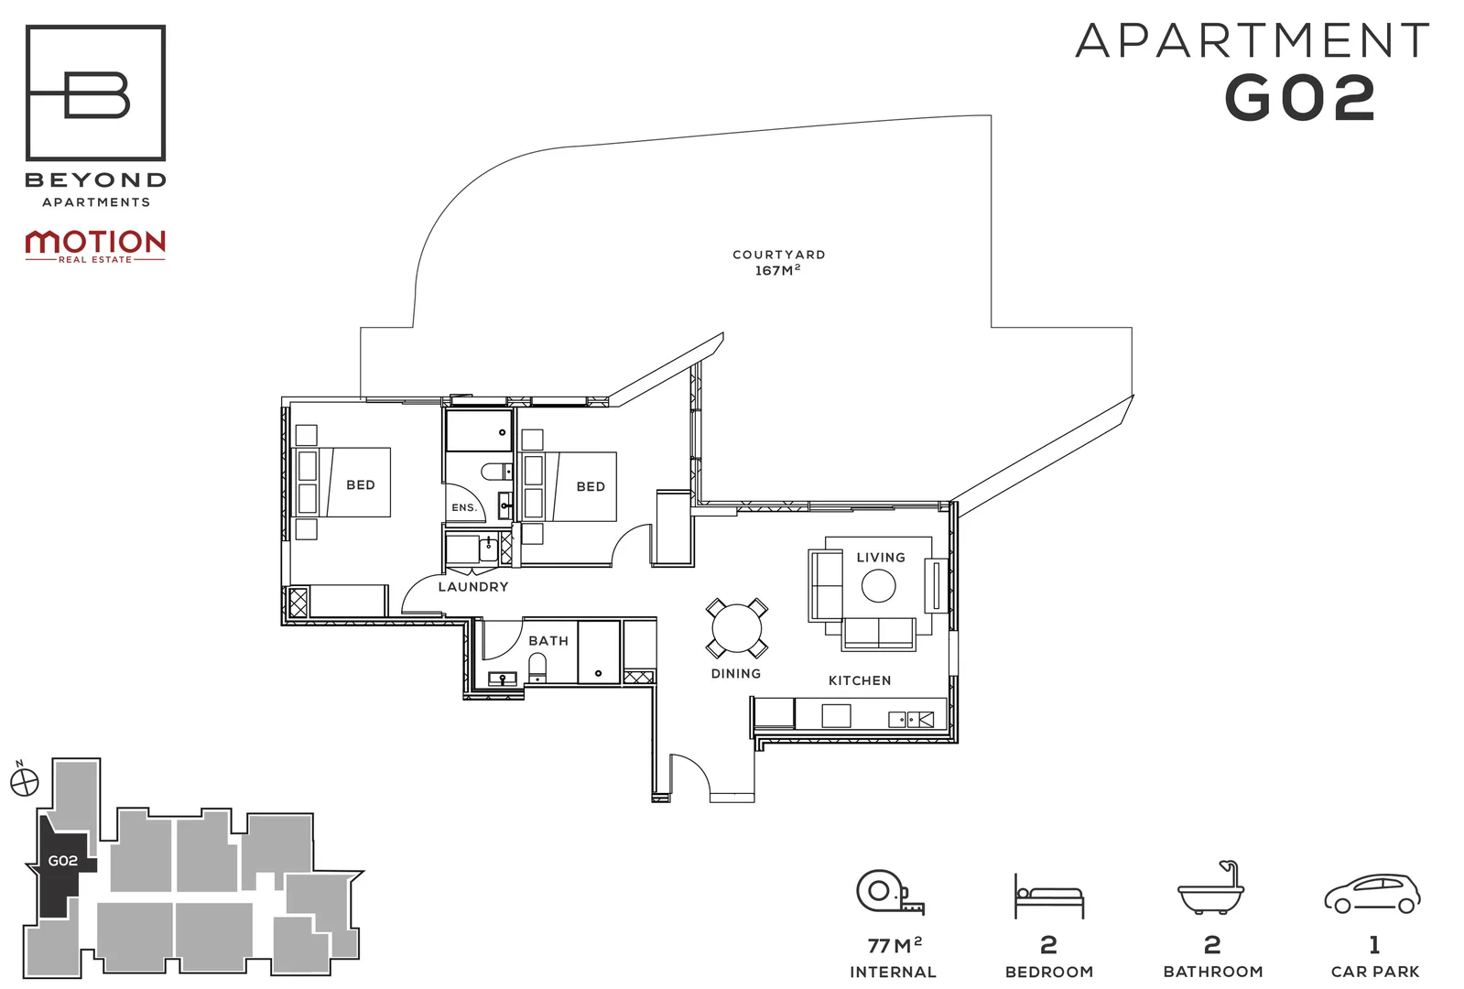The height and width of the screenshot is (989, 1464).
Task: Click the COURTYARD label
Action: [778, 255]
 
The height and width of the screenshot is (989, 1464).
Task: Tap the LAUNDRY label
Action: [472, 587]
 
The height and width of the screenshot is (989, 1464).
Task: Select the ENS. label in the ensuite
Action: [463, 507]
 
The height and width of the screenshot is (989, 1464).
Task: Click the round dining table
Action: [736, 629]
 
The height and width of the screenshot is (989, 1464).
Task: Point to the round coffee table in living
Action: [878, 586]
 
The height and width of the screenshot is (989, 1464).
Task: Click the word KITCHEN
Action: [859, 680]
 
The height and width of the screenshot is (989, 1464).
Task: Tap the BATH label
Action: [548, 641]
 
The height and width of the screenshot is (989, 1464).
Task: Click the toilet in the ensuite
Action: [494, 473]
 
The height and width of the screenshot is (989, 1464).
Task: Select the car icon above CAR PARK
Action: [1372, 893]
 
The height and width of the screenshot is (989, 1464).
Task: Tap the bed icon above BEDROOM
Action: [1048, 895]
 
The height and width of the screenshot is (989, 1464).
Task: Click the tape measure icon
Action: [888, 892]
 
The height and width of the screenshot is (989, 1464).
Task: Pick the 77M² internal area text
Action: [894, 945]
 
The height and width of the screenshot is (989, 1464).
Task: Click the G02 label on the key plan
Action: [62, 861]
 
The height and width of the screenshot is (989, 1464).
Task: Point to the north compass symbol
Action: [25, 782]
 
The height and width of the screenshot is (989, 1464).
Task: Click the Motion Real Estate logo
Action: [95, 245]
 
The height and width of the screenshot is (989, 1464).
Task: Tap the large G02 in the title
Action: [1299, 98]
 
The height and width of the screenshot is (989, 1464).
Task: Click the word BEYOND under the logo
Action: [95, 180]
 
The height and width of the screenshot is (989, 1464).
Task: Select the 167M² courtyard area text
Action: [777, 271]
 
